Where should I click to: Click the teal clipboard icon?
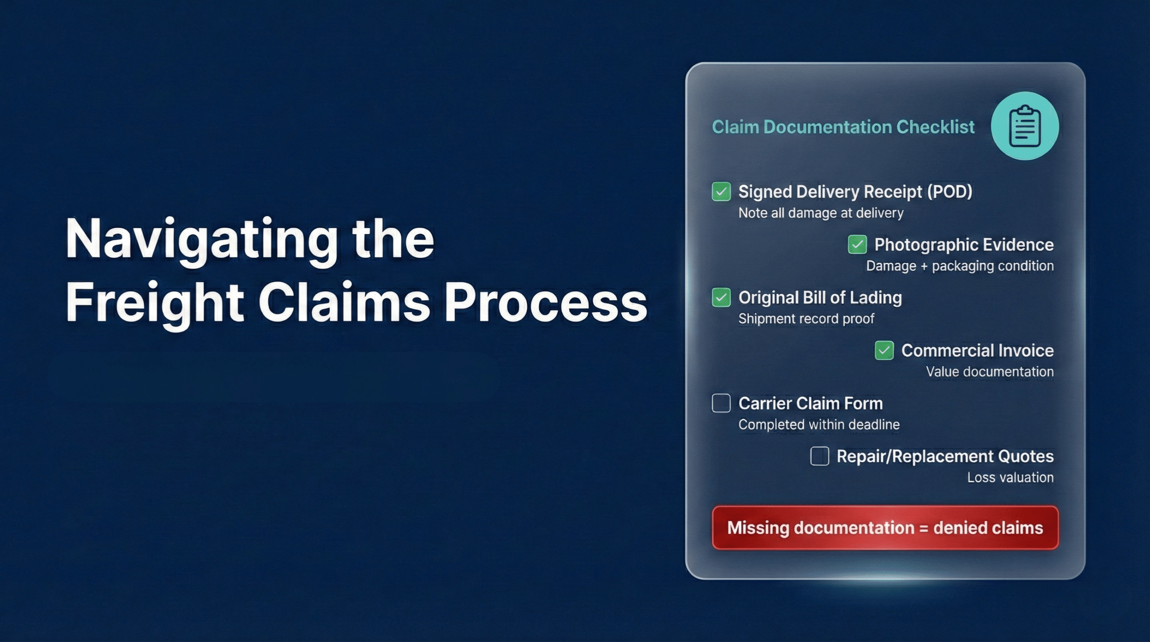pos(1025,126)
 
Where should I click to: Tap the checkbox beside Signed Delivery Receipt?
pos(721,191)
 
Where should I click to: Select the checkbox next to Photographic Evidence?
pos(857,244)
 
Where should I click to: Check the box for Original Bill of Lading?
pos(721,297)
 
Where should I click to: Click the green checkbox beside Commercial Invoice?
pos(884,350)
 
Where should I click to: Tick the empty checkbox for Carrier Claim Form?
pos(721,403)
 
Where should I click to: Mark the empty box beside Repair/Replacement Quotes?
pos(819,456)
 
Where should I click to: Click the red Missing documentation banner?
pos(885,527)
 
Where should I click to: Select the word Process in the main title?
pos(545,303)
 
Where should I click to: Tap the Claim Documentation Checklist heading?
pos(843,127)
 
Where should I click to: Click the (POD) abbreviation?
pos(950,192)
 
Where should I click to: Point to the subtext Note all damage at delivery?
pos(821,213)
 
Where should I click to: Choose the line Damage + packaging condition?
pos(960,266)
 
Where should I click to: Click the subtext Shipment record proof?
pos(806,319)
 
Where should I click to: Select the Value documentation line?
pos(990,372)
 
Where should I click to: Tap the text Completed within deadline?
pos(819,425)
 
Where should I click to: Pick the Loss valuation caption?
pos(1010,478)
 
